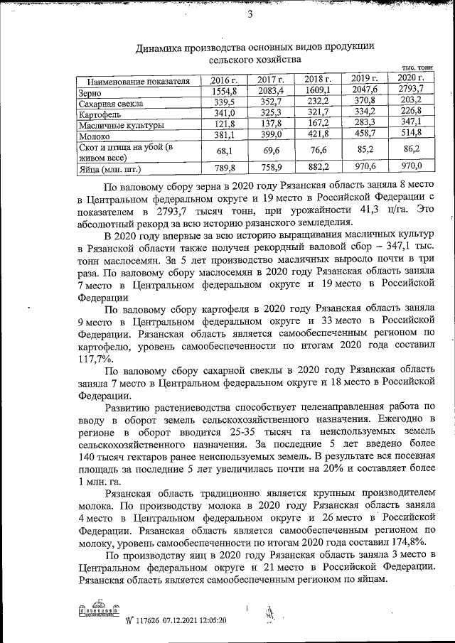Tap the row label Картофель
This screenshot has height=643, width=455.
99,113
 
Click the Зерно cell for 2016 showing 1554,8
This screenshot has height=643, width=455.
229,91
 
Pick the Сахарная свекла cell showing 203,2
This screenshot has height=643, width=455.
412,100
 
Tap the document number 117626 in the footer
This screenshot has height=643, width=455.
137,620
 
